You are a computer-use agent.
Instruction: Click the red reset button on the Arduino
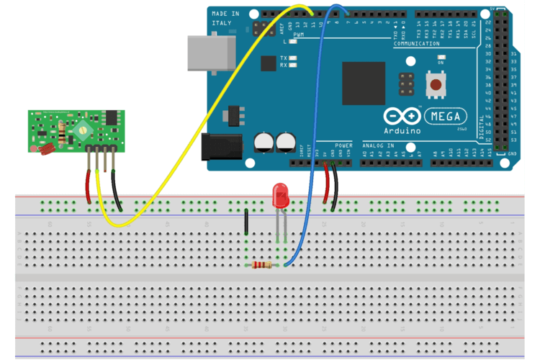(x=436, y=86)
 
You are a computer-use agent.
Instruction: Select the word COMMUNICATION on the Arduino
(x=416, y=45)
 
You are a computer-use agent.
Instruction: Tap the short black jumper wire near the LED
(x=246, y=222)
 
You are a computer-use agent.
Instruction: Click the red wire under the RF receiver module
(x=89, y=186)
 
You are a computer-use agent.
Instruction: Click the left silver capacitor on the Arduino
(x=264, y=142)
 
